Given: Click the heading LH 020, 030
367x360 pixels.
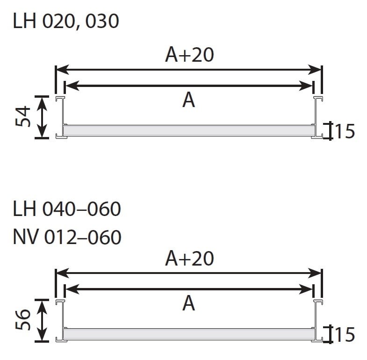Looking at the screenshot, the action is (66, 21).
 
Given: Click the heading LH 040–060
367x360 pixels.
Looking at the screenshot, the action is (67, 209).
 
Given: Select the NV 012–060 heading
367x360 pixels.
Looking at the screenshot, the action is (67, 237).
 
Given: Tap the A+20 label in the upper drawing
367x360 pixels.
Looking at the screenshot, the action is (189, 55).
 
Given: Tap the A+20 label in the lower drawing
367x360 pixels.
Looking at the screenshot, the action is (189, 258).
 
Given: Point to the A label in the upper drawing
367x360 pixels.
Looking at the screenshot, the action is (189, 100).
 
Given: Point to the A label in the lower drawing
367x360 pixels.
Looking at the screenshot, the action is (189, 303).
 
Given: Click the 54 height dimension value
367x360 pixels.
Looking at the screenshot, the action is (23, 116).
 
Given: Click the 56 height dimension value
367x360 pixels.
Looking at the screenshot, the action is (23, 320).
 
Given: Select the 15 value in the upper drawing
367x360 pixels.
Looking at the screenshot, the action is (345, 131).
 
